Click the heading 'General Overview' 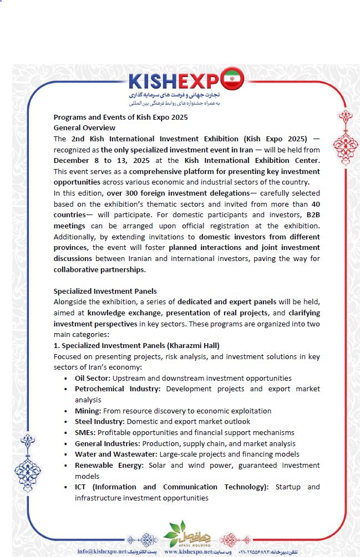84,127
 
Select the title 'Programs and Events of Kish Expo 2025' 120,117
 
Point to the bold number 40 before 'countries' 315,204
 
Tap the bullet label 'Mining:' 88,411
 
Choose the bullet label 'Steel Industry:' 99,421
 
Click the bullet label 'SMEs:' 85,432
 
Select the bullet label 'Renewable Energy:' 110,465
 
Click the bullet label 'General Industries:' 108,443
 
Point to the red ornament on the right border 341,137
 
